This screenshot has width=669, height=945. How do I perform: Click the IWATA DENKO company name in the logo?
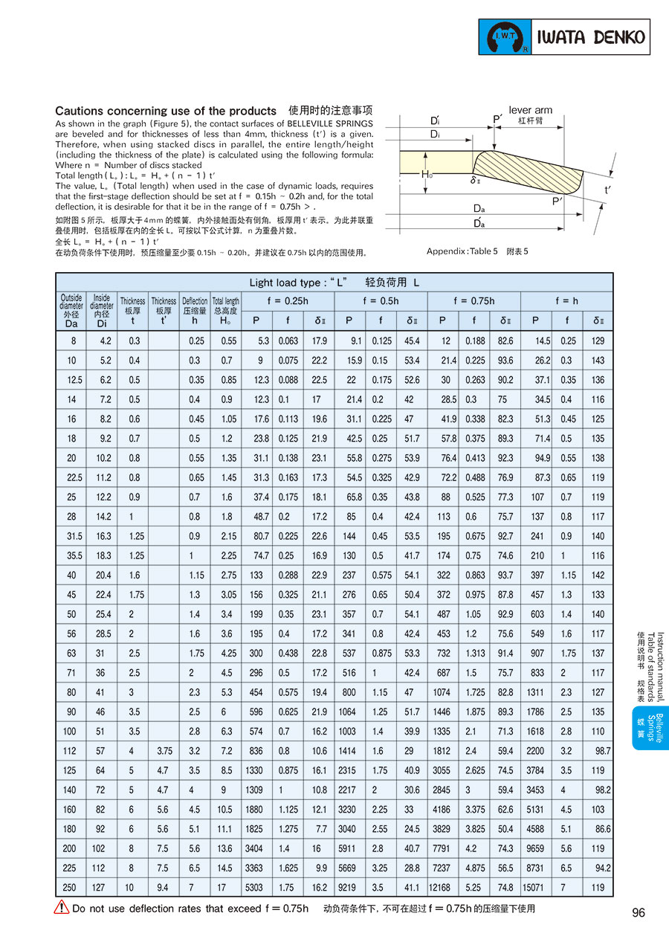coord(591,37)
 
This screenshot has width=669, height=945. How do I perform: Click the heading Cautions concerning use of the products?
coord(166,111)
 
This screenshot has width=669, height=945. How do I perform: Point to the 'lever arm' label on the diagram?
coord(531,110)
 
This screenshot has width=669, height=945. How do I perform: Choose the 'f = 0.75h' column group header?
coord(474,301)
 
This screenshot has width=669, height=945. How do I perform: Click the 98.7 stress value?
coord(601,751)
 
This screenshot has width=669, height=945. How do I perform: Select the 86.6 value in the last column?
coord(601,828)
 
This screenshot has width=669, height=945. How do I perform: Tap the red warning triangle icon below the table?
coord(62,908)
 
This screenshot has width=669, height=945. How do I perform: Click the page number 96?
coord(638,913)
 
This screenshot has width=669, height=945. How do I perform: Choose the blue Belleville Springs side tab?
coord(650,727)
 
